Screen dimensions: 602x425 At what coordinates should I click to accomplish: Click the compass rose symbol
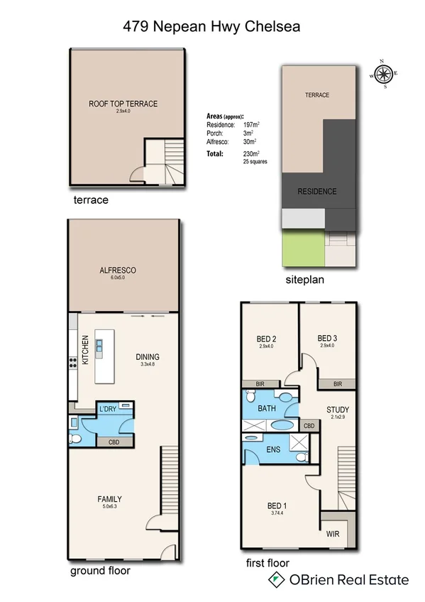click(385, 73)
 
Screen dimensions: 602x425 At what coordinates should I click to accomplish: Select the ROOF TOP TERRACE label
click(123, 104)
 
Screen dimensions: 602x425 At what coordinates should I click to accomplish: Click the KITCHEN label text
click(84, 350)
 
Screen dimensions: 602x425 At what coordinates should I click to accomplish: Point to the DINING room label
click(148, 357)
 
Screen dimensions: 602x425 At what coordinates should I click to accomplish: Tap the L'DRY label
click(108, 409)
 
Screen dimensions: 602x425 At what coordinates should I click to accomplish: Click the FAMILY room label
click(110, 499)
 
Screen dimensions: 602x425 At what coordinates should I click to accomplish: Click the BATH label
click(267, 408)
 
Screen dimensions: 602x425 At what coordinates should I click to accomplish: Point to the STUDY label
click(338, 410)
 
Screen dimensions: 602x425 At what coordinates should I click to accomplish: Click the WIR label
click(333, 533)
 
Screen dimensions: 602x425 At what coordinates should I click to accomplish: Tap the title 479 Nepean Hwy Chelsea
click(212, 27)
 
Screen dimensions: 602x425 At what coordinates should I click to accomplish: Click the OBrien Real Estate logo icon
click(272, 580)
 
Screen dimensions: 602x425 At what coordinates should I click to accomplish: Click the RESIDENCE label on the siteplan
click(316, 192)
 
